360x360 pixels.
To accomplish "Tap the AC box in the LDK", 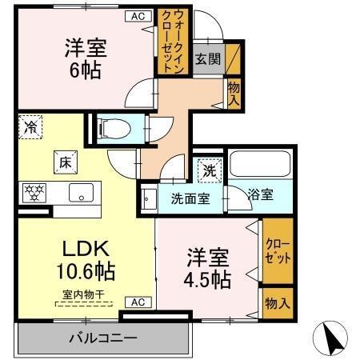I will point(137,302).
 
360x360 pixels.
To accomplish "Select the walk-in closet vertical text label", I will point(178,42).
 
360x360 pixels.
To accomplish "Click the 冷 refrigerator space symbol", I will point(31,126).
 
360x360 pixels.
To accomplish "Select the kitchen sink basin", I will point(81,193).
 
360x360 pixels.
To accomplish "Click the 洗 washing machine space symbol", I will point(208,170).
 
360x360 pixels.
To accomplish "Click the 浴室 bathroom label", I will point(260,194).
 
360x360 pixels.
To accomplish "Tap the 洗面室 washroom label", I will point(190,198).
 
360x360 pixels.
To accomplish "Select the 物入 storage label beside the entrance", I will point(234,94).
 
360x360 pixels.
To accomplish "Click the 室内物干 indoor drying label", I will point(84,294).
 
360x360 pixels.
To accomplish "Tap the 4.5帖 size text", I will point(210,280).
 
